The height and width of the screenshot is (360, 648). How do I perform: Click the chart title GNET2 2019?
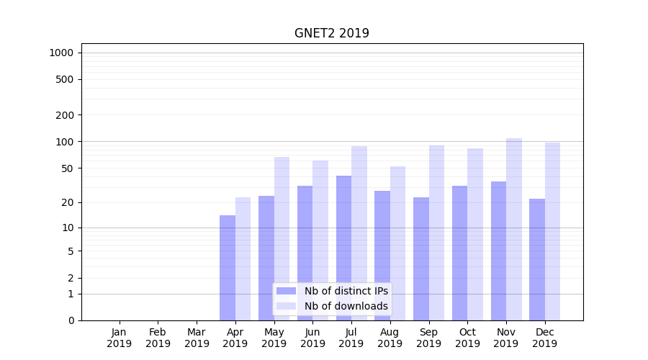coord(331,33)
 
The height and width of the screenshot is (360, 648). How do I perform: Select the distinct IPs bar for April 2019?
coord(228,268)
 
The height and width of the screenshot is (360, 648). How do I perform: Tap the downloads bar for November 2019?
coord(514,229)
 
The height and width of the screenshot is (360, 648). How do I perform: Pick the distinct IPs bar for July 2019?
coord(343,248)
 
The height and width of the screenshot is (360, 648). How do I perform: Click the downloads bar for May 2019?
coord(282,238)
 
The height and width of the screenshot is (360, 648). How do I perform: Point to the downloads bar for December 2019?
coord(552,231)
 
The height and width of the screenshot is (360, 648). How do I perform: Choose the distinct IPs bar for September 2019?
coord(421,258)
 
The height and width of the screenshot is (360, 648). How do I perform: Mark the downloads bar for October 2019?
coord(475,234)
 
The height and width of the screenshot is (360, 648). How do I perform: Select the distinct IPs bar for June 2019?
coord(305,253)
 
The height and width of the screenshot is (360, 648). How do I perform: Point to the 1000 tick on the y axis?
coord(61,53)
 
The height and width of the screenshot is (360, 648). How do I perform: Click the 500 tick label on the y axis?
coord(65,79)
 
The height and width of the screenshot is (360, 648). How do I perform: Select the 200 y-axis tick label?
coord(65,115)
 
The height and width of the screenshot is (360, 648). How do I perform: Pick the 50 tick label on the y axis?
coord(68,168)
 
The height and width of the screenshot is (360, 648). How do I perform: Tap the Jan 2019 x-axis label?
coord(120,338)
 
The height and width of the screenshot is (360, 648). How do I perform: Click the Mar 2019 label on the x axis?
coord(197,338)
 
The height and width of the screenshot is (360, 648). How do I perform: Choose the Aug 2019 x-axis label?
coord(390,338)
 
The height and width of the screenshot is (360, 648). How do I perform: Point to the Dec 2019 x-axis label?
coord(544,338)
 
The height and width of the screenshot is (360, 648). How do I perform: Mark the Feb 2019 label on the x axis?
coord(158,338)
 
